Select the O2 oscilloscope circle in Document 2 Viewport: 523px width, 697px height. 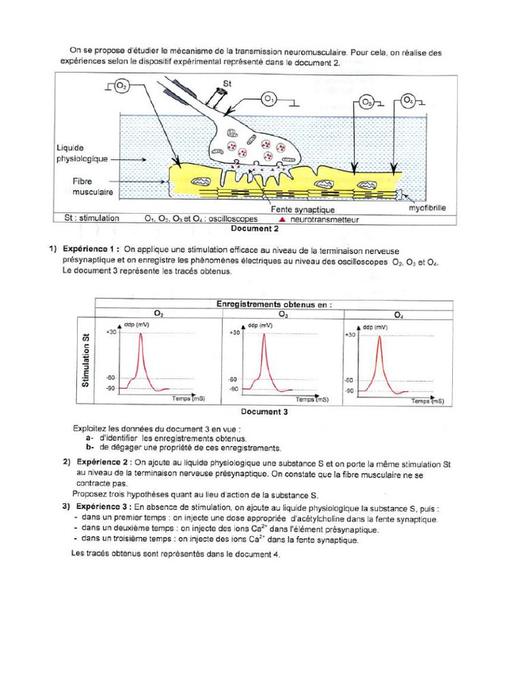(x=121, y=86)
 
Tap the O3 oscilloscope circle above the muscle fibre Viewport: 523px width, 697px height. (x=366, y=103)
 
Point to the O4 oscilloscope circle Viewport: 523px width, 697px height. (x=409, y=101)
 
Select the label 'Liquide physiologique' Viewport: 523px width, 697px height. (x=82, y=153)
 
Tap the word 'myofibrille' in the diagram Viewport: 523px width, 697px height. (x=427, y=208)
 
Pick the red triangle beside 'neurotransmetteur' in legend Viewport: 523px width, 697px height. (x=283, y=220)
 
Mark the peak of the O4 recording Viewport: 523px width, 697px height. (x=379, y=336)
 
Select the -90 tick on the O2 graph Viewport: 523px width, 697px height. (x=110, y=388)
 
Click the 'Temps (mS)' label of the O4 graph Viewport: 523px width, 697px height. (x=427, y=402)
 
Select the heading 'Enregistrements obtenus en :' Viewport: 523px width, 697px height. (x=274, y=304)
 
